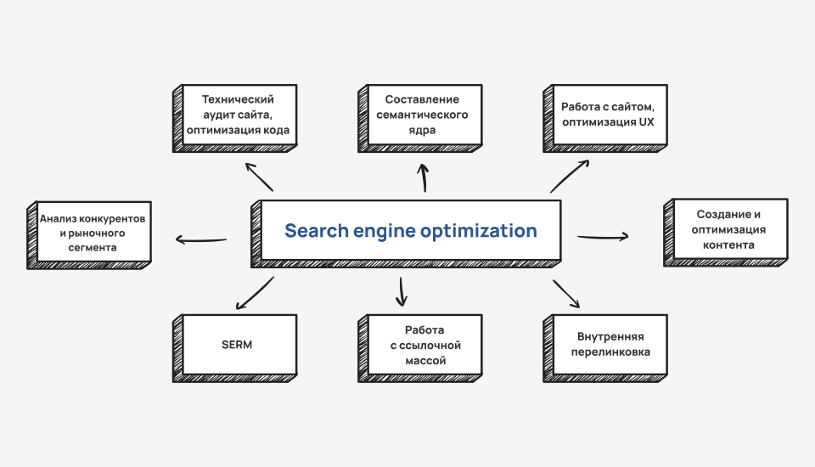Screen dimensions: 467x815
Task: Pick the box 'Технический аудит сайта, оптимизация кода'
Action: [x=239, y=115]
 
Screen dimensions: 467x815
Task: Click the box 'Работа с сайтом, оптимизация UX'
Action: [x=607, y=115]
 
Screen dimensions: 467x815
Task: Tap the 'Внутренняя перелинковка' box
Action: [x=607, y=345]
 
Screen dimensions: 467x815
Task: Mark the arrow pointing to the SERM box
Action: [x=253, y=292]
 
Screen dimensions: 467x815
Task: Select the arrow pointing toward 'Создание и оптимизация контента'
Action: [x=603, y=237]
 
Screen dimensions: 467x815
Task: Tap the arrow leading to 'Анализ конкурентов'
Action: [x=201, y=239]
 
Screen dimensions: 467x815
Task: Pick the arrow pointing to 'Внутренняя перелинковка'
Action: [x=566, y=294]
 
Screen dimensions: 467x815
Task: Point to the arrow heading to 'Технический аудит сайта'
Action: [x=259, y=176]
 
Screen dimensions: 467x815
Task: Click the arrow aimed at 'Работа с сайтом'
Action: [x=569, y=176]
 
